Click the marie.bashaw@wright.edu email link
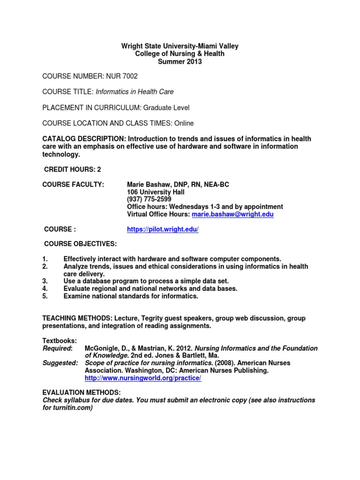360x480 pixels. [x=232, y=214]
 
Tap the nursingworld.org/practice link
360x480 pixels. [x=142, y=378]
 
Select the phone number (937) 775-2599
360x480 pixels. [x=146, y=199]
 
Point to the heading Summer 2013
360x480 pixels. [x=180, y=61]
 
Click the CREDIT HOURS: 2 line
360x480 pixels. [x=73, y=169]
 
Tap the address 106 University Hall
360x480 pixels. [x=156, y=192]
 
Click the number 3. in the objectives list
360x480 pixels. [x=45, y=281]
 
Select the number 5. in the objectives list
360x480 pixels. [x=45, y=296]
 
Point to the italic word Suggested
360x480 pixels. [x=60, y=363]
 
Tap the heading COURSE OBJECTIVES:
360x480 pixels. [x=80, y=244]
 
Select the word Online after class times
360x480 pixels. [x=183, y=123]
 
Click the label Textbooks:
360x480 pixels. [x=60, y=341]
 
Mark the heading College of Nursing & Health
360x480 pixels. [x=180, y=54]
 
